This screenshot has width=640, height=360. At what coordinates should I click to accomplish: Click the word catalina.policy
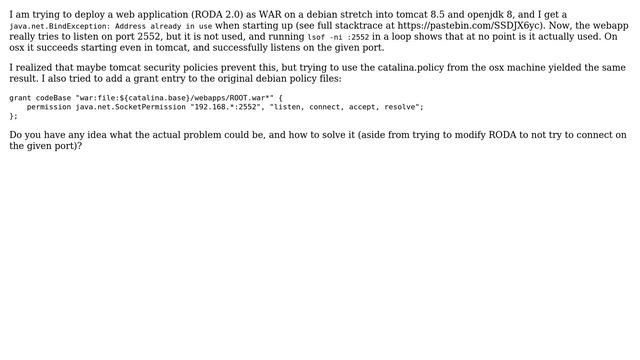coord(408,68)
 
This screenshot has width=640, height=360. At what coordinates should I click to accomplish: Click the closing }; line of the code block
coord(14,116)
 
